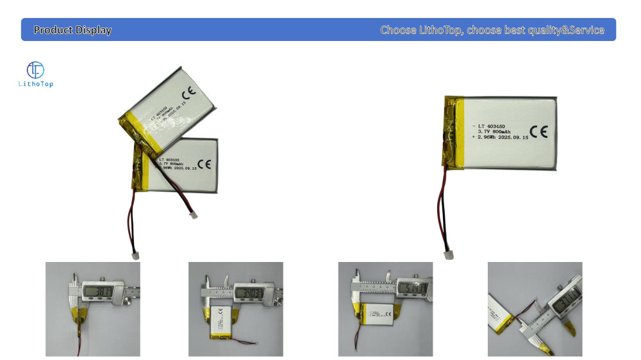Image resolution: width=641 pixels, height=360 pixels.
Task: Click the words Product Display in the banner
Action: click(72, 30)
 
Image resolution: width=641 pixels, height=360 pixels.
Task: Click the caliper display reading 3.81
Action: click(96, 294)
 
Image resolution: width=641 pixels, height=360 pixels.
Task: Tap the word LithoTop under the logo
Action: click(36, 85)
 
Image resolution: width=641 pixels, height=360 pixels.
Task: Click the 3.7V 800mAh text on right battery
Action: click(496, 131)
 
